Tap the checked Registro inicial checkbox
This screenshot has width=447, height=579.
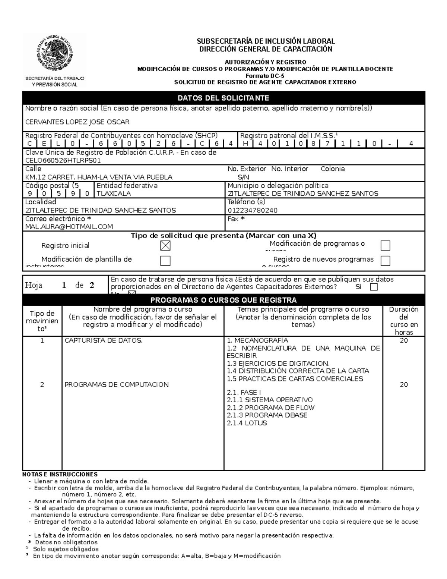165,245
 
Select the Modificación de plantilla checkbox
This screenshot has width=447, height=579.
165,261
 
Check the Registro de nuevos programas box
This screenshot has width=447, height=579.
385,261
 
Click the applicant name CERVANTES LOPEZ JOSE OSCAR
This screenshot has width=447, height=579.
77,122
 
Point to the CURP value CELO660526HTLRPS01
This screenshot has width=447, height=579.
63,161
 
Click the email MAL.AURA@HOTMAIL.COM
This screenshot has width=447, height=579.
69,227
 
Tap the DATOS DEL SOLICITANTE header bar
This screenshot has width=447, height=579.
223,98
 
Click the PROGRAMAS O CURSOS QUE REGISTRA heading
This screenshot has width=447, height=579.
223,300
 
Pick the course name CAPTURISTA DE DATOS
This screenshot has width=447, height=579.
104,340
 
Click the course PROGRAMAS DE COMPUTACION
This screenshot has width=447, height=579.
117,384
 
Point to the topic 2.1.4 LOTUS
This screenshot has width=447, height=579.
247,423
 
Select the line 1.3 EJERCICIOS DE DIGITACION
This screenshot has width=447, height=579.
278,364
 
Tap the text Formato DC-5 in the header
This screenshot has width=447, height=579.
265,76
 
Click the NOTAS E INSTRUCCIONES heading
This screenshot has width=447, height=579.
60,474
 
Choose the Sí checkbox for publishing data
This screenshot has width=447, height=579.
374,287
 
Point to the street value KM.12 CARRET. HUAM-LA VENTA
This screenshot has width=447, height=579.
99,177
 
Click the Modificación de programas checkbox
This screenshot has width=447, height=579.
385,245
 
